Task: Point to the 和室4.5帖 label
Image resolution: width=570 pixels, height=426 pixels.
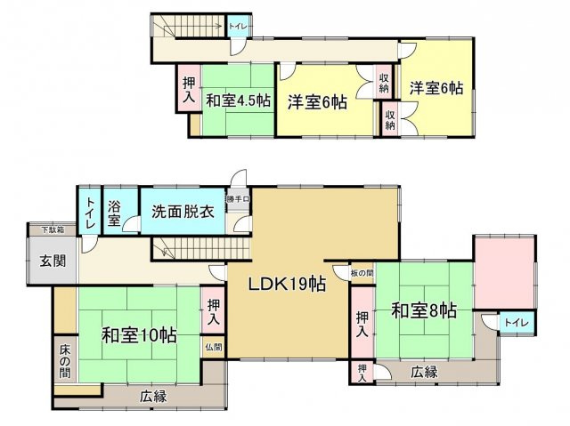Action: (239, 100)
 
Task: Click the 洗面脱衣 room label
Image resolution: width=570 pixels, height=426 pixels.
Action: (182, 212)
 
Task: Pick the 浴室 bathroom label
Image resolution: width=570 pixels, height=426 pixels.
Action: (114, 214)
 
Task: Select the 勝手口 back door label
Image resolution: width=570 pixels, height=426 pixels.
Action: (237, 199)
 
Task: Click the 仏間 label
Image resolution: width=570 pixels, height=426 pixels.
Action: (213, 347)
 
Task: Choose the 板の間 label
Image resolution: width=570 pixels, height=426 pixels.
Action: (361, 272)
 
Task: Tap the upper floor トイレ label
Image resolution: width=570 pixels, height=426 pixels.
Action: (238, 27)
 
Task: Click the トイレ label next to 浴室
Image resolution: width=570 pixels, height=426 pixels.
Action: (91, 213)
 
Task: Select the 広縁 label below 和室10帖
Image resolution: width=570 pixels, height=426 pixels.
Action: (153, 397)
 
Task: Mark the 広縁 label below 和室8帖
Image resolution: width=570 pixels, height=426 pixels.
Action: (424, 374)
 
